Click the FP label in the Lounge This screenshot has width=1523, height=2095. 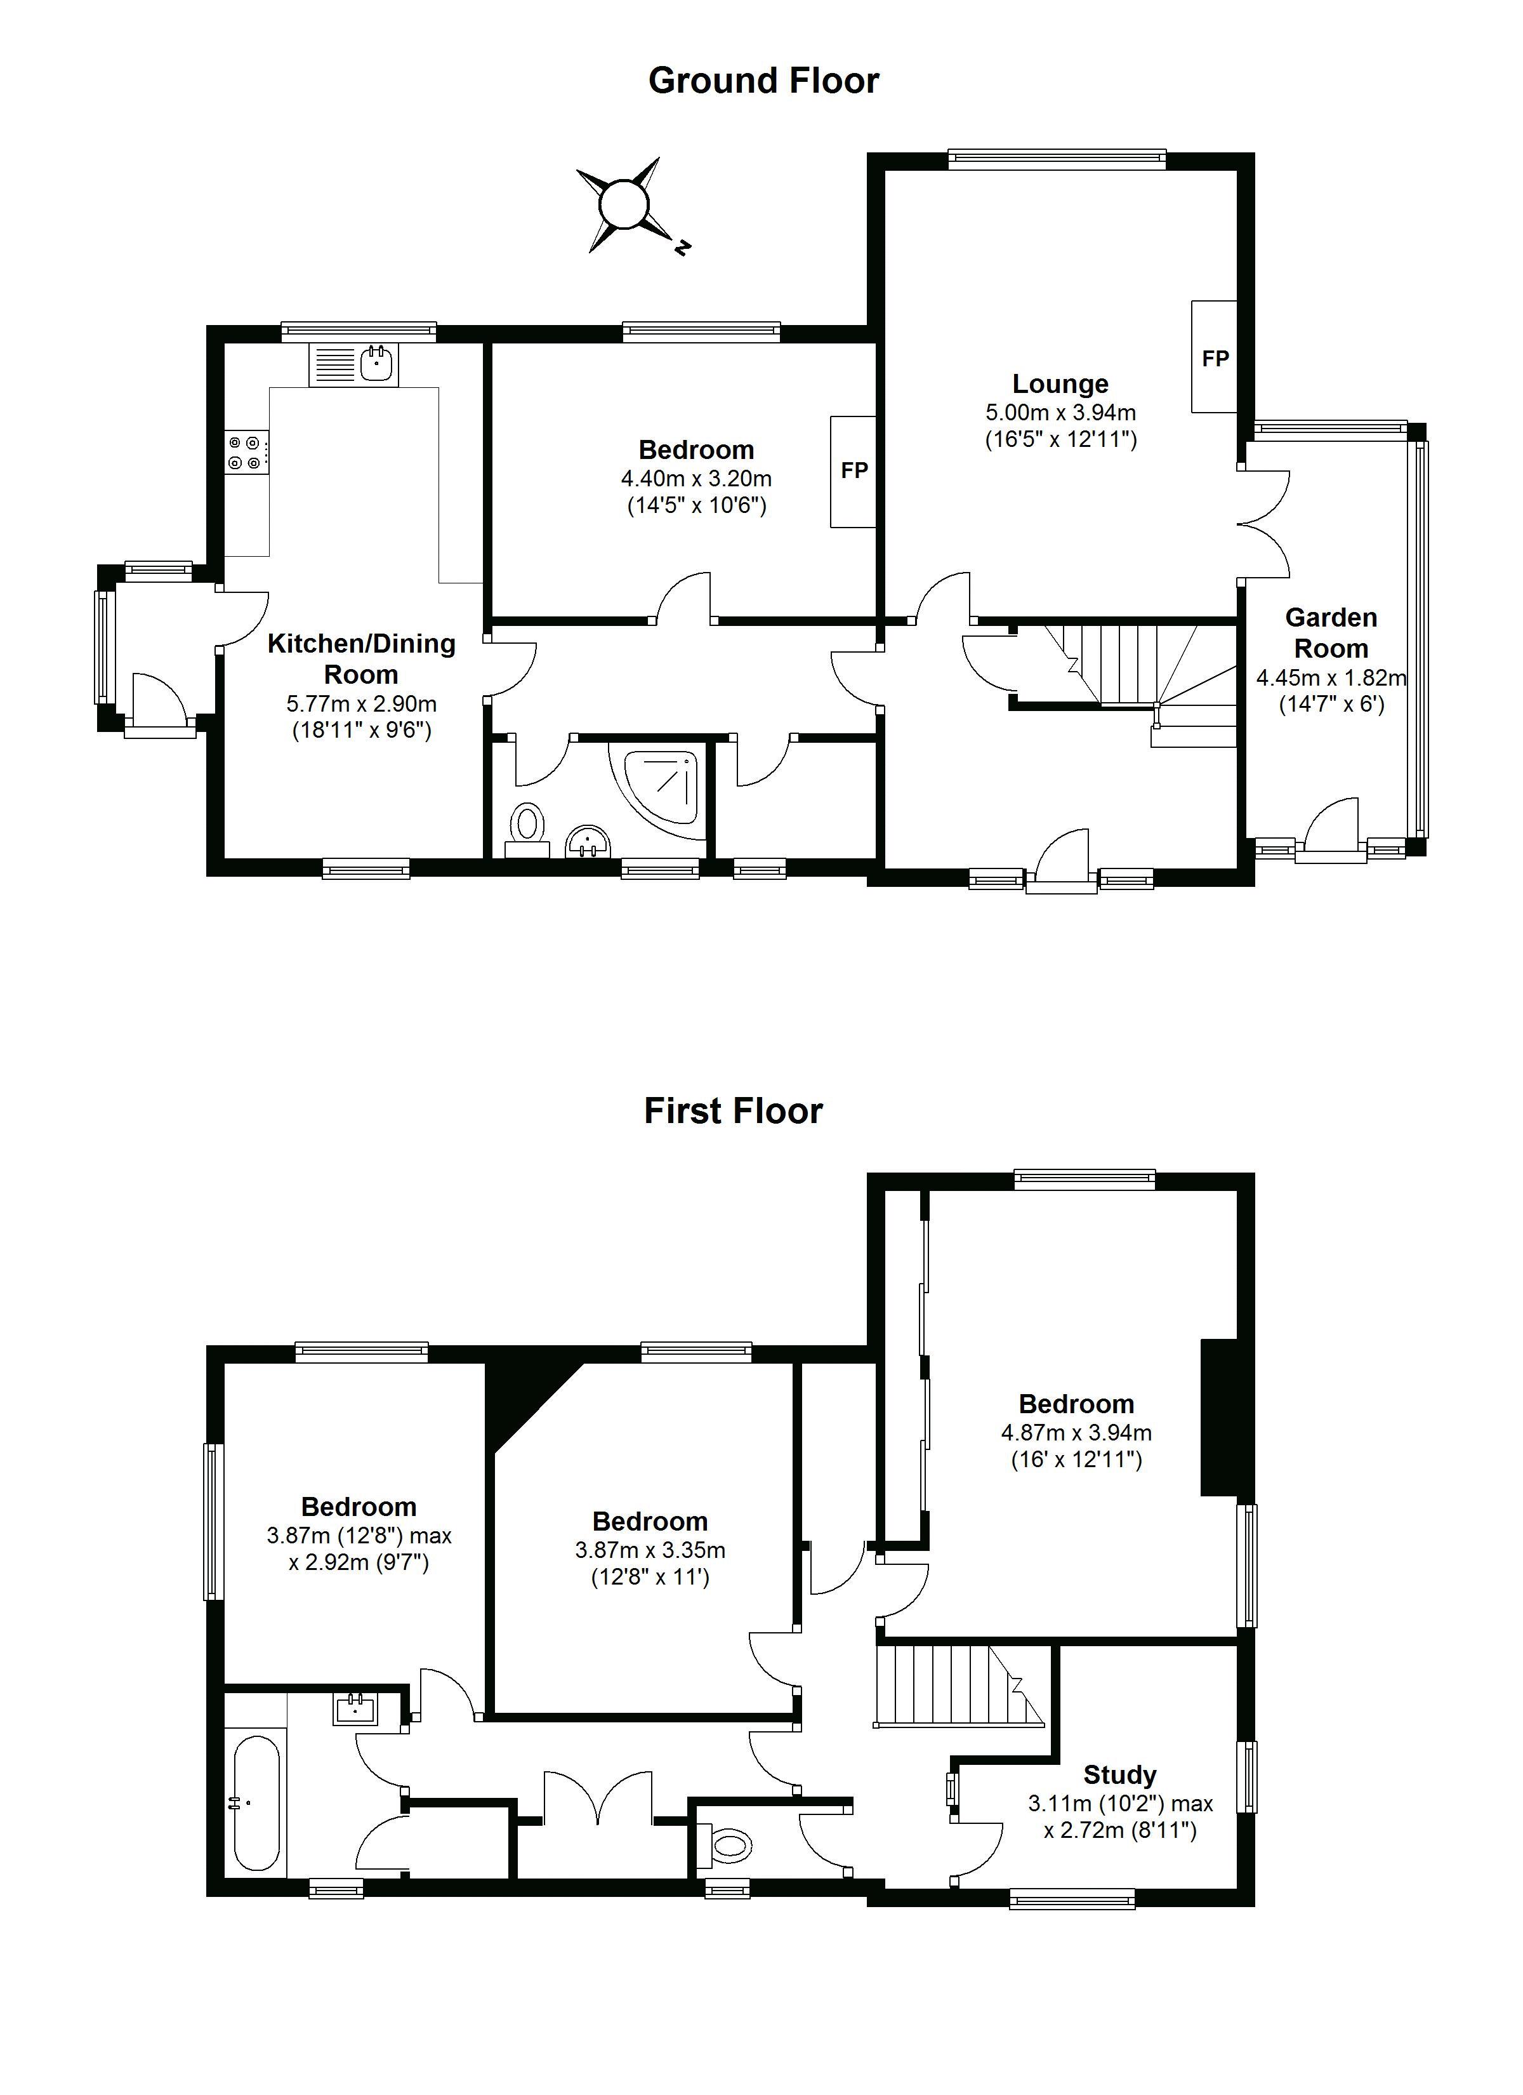[1215, 359]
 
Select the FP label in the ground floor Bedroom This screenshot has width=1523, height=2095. [854, 471]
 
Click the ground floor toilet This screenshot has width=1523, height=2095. [529, 830]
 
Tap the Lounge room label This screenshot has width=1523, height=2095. [1060, 384]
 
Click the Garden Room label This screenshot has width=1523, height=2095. [1331, 633]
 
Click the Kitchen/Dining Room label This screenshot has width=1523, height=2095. [361, 658]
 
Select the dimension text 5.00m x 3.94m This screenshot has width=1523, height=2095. [1060, 413]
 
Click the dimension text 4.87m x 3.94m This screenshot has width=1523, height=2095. [1076, 1433]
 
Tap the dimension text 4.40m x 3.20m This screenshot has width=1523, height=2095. [696, 479]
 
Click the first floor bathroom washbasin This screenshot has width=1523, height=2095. [355, 1709]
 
